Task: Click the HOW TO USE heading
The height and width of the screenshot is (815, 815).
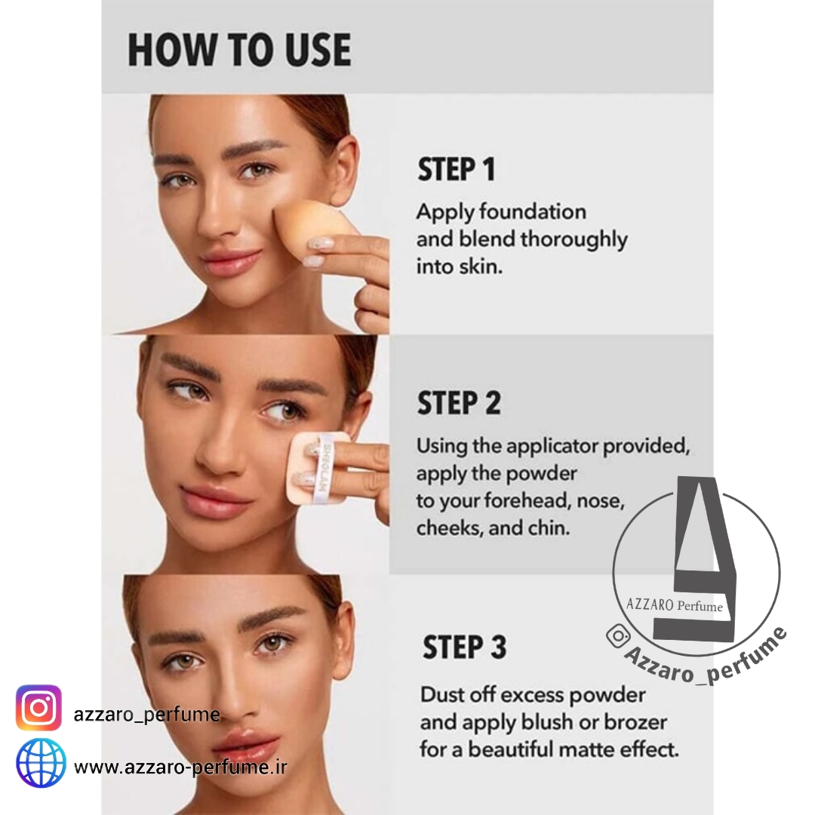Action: coord(240,50)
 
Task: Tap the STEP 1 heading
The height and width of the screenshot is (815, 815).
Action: coord(457,170)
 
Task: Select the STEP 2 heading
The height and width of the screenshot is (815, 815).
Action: coord(459,403)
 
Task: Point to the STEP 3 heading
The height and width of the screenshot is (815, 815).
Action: coord(465,647)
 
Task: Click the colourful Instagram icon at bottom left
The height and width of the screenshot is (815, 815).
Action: coord(38,707)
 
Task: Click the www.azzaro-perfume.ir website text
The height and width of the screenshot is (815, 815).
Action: coord(180,767)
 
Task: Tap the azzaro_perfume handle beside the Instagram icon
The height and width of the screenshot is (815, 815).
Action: coord(146,715)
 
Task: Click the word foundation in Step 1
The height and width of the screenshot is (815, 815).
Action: coord(533,211)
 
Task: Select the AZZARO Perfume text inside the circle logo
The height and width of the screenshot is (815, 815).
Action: coord(674,605)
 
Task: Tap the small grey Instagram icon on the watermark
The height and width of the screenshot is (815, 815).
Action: coord(619,635)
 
